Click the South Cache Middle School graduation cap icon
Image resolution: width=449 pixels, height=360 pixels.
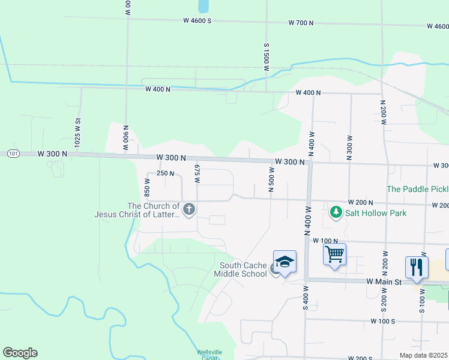coord(285,262)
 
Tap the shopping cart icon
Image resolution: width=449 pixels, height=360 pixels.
coord(334,254)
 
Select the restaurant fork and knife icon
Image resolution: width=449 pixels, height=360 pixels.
coord(417,266)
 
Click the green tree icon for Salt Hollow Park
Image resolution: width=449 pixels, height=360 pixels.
coord(336,212)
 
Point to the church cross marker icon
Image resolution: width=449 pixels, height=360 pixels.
coord(189,209)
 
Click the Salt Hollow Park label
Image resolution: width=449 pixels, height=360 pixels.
coord(375,213)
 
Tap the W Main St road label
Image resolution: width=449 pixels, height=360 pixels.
coord(382,281)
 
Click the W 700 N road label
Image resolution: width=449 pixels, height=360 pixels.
coord(301,23)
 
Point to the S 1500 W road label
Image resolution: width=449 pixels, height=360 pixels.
coord(266,59)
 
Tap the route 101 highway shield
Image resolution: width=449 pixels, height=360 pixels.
coord(13,154)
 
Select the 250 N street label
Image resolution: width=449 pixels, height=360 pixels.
coord(165,173)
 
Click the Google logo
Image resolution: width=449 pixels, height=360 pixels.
coord(20,353)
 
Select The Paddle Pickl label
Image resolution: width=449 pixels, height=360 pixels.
coord(417,189)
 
